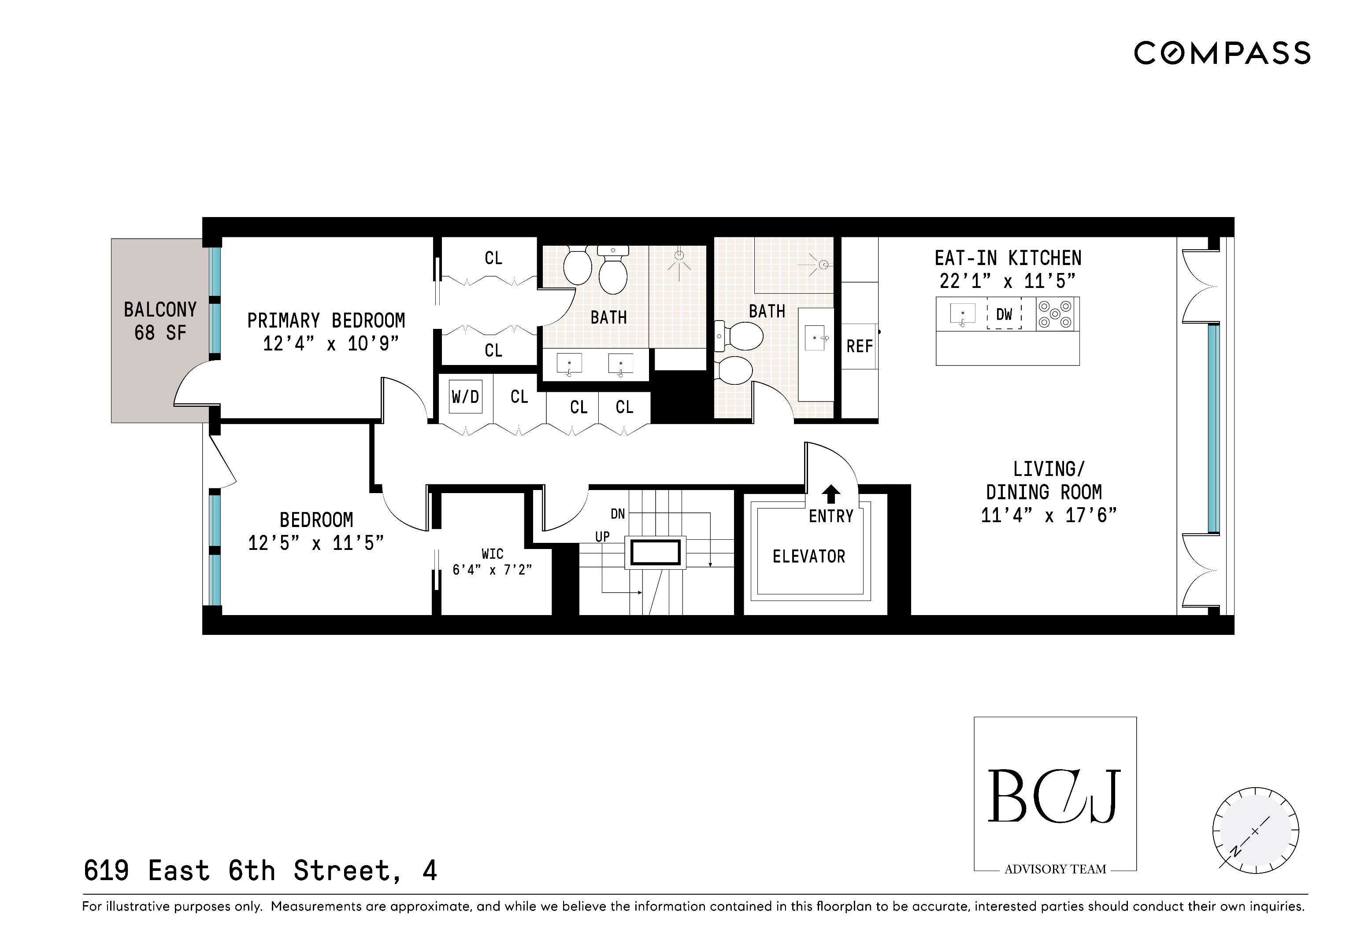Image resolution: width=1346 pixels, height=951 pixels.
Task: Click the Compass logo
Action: (1222, 53)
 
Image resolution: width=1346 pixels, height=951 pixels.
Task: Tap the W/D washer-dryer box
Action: (465, 397)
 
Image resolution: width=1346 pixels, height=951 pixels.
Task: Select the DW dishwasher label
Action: (1004, 315)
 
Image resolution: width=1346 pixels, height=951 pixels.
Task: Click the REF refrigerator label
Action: (860, 346)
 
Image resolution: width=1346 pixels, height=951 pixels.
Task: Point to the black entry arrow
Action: (831, 494)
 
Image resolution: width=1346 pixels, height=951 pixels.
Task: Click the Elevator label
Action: (808, 556)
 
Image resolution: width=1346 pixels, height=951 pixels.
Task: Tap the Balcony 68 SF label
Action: (160, 321)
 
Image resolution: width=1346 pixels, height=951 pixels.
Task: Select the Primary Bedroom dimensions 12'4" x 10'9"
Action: (330, 343)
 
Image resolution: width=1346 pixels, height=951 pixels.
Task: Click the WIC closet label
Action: (493, 554)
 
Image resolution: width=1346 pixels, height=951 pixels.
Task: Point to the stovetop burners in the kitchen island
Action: (1055, 314)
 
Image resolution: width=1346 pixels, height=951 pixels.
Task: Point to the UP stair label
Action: (602, 537)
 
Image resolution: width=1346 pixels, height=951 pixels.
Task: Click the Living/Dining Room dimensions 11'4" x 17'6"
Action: (1049, 516)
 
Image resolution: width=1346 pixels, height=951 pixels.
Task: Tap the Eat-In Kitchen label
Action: (1008, 258)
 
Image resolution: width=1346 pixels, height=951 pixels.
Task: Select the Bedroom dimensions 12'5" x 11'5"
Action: (315, 543)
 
